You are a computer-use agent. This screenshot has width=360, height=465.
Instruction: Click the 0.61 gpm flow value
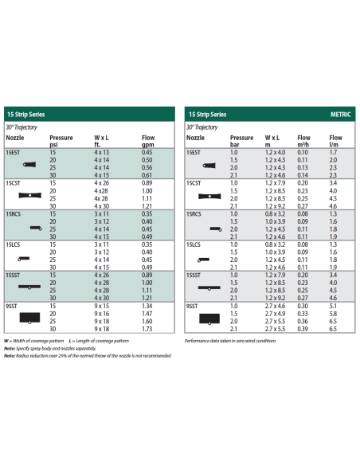(x=147, y=174)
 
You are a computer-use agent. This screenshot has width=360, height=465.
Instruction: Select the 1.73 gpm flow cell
(x=147, y=328)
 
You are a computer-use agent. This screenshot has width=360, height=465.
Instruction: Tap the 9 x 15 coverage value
(x=101, y=305)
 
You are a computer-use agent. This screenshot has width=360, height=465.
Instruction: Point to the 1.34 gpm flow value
(x=147, y=305)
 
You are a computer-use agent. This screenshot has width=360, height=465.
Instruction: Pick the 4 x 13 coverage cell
(x=101, y=151)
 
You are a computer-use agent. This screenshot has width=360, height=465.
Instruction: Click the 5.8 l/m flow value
(x=332, y=313)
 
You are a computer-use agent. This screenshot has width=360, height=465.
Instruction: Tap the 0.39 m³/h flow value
(x=303, y=328)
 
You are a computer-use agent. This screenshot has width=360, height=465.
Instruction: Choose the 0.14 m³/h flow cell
(x=303, y=174)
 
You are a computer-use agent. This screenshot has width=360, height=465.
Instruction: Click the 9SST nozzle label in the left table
(x=12, y=305)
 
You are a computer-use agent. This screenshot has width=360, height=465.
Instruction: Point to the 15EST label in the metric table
(x=194, y=151)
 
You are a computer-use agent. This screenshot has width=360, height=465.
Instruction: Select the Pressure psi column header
(x=61, y=141)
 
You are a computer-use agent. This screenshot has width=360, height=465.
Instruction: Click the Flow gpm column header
(x=147, y=141)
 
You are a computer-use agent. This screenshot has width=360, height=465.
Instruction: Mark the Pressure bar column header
(x=242, y=141)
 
